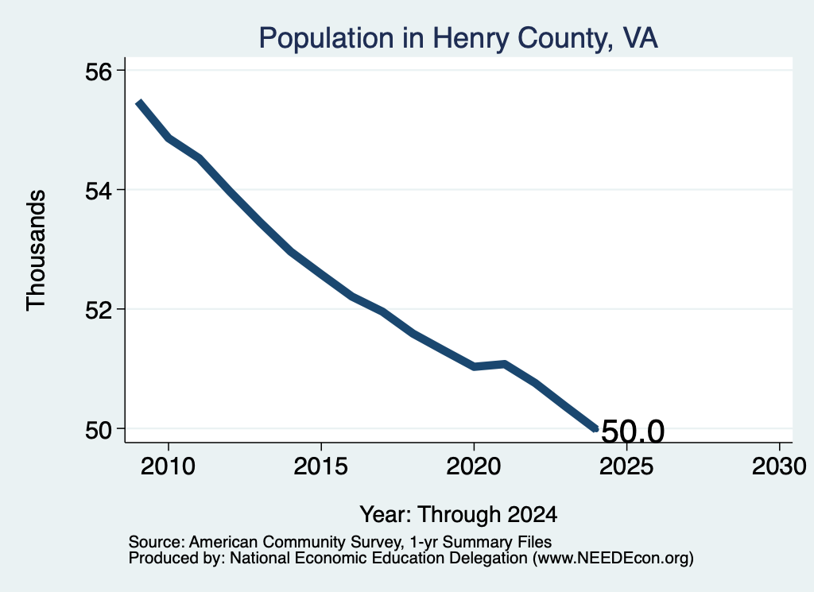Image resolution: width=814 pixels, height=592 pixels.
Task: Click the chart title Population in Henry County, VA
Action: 459,38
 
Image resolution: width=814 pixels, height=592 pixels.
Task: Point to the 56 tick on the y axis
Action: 98,72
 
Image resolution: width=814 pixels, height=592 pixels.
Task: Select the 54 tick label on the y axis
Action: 98,192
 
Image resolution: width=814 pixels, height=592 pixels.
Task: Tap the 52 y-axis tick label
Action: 98,311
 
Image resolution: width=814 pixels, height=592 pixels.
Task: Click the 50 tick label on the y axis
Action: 98,431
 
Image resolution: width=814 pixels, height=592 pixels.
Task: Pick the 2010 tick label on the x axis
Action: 169,466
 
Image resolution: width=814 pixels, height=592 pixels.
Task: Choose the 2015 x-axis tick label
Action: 321,466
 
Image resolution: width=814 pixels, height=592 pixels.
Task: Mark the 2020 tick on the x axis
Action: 474,466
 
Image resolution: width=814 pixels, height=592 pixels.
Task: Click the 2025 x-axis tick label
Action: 626,466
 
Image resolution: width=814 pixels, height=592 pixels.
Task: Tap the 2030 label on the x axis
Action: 779,466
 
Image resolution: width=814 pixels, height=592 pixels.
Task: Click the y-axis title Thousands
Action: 37,250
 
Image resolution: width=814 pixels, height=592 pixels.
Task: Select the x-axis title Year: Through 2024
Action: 459,515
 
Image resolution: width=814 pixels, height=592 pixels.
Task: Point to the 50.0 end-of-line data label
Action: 632,431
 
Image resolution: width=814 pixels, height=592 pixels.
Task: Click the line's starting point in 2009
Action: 138,103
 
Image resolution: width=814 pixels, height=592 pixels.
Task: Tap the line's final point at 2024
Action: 596,428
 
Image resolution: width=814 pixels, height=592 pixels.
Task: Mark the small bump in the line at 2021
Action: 504,364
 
